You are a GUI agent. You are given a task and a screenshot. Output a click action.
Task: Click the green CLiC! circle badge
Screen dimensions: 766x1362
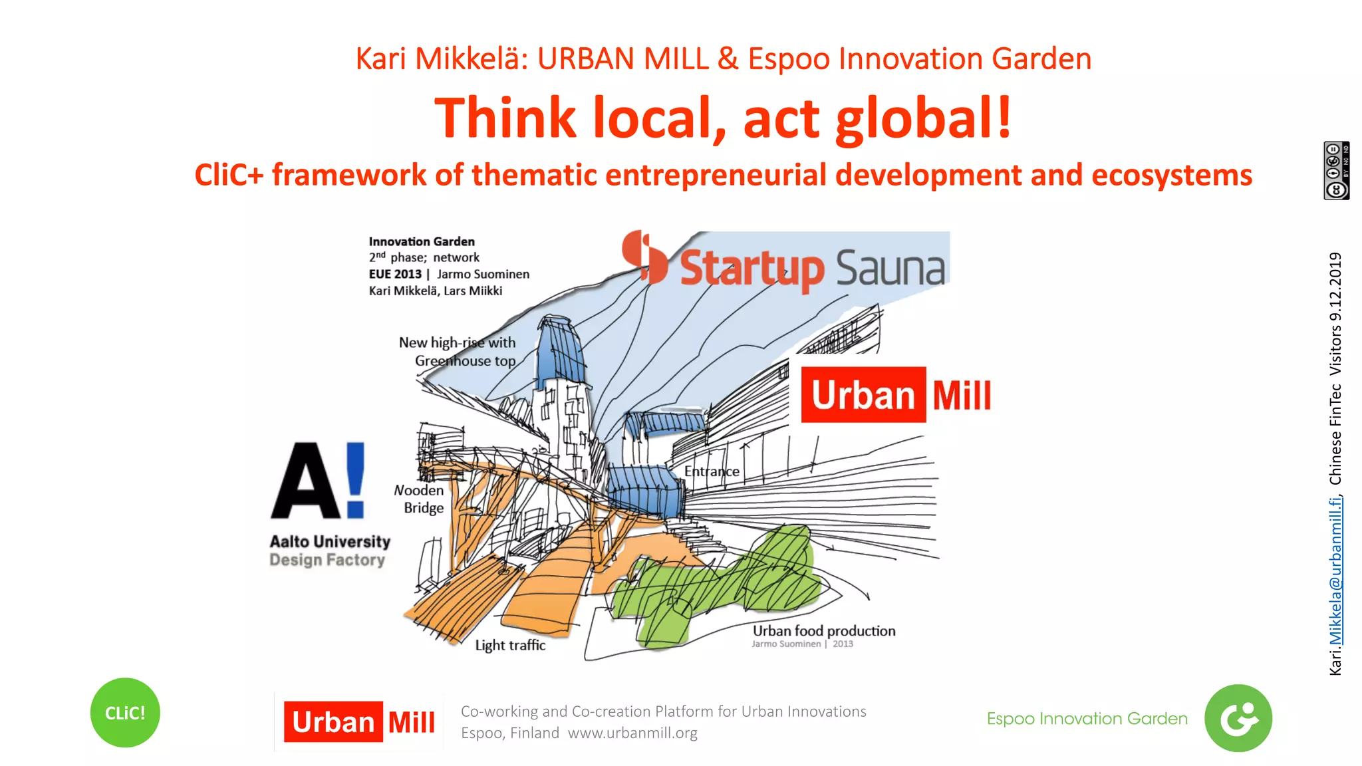[x=125, y=713]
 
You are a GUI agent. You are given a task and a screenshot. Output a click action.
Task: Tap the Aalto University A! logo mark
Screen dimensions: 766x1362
[x=319, y=480]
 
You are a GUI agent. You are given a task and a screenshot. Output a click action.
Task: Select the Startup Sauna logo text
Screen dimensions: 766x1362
[x=811, y=268]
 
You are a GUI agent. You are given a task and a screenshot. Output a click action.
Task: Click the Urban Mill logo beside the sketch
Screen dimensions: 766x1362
[x=896, y=395]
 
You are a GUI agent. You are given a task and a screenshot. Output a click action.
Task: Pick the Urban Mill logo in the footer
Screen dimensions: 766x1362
[x=360, y=722]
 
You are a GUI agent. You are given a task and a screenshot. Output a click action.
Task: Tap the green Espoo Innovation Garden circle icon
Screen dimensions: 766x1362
[x=1238, y=718]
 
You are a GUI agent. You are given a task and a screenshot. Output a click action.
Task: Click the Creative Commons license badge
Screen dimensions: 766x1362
[x=1335, y=171]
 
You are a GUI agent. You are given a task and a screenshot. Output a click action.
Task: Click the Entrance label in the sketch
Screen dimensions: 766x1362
[x=712, y=471]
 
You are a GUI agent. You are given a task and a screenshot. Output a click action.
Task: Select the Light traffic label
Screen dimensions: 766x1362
[x=510, y=645]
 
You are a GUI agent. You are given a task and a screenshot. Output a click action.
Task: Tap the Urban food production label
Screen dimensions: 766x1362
[x=824, y=630]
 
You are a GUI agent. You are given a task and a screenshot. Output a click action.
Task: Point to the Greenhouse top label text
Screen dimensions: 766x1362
[x=465, y=361]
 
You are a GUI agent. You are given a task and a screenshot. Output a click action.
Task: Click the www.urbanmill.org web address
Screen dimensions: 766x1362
[x=632, y=733]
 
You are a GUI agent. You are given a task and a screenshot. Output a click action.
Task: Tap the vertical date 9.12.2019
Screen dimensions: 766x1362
[x=1335, y=287]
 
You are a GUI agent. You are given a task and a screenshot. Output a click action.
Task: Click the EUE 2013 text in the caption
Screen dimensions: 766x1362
[x=395, y=274]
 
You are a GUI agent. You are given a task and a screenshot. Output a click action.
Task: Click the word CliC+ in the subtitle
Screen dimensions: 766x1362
[x=228, y=176]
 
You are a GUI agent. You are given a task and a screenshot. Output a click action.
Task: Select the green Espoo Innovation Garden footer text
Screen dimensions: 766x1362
[x=1087, y=719]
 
